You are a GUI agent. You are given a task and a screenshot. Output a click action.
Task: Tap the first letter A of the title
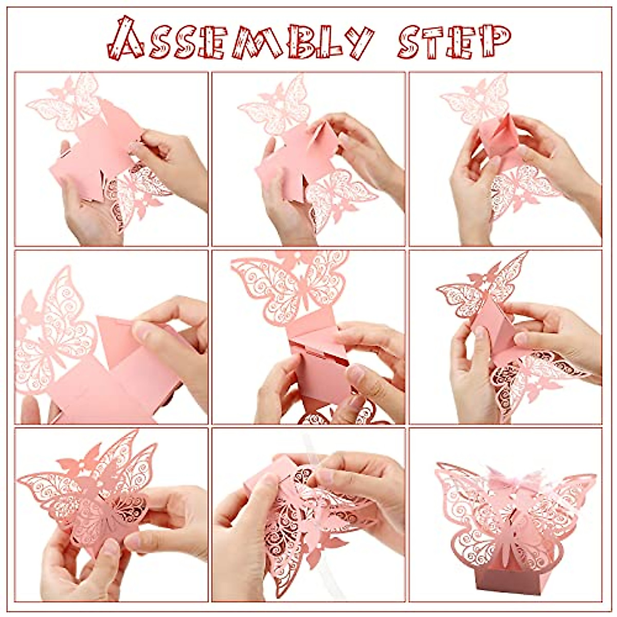click(x=126, y=39)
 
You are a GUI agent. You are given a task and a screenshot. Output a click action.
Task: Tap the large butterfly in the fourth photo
click(x=54, y=329)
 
